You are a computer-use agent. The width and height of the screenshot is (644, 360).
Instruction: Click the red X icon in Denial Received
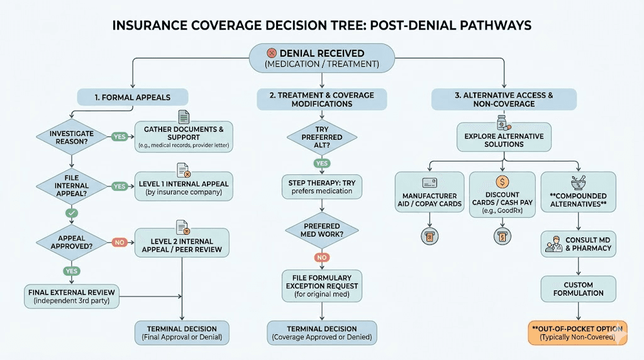pos(271,53)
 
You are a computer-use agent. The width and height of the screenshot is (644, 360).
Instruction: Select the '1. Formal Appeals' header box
pos(133,98)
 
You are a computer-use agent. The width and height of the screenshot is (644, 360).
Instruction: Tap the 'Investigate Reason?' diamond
pos(72,137)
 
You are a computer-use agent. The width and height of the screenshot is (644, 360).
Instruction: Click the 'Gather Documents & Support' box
pos(184,137)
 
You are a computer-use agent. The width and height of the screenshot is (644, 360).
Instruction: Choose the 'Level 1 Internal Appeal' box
pos(184,187)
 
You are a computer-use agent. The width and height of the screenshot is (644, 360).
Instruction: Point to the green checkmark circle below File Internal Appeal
pos(72,214)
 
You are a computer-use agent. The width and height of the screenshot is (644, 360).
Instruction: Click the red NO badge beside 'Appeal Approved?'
pos(119,242)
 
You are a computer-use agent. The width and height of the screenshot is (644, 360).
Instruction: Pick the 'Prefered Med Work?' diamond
pos(321,230)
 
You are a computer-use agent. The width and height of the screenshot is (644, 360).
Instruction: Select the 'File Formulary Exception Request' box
pos(321,281)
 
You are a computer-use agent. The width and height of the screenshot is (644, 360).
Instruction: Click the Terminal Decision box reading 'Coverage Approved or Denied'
pos(321,333)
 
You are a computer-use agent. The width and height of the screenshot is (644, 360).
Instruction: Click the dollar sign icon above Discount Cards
pos(502,183)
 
